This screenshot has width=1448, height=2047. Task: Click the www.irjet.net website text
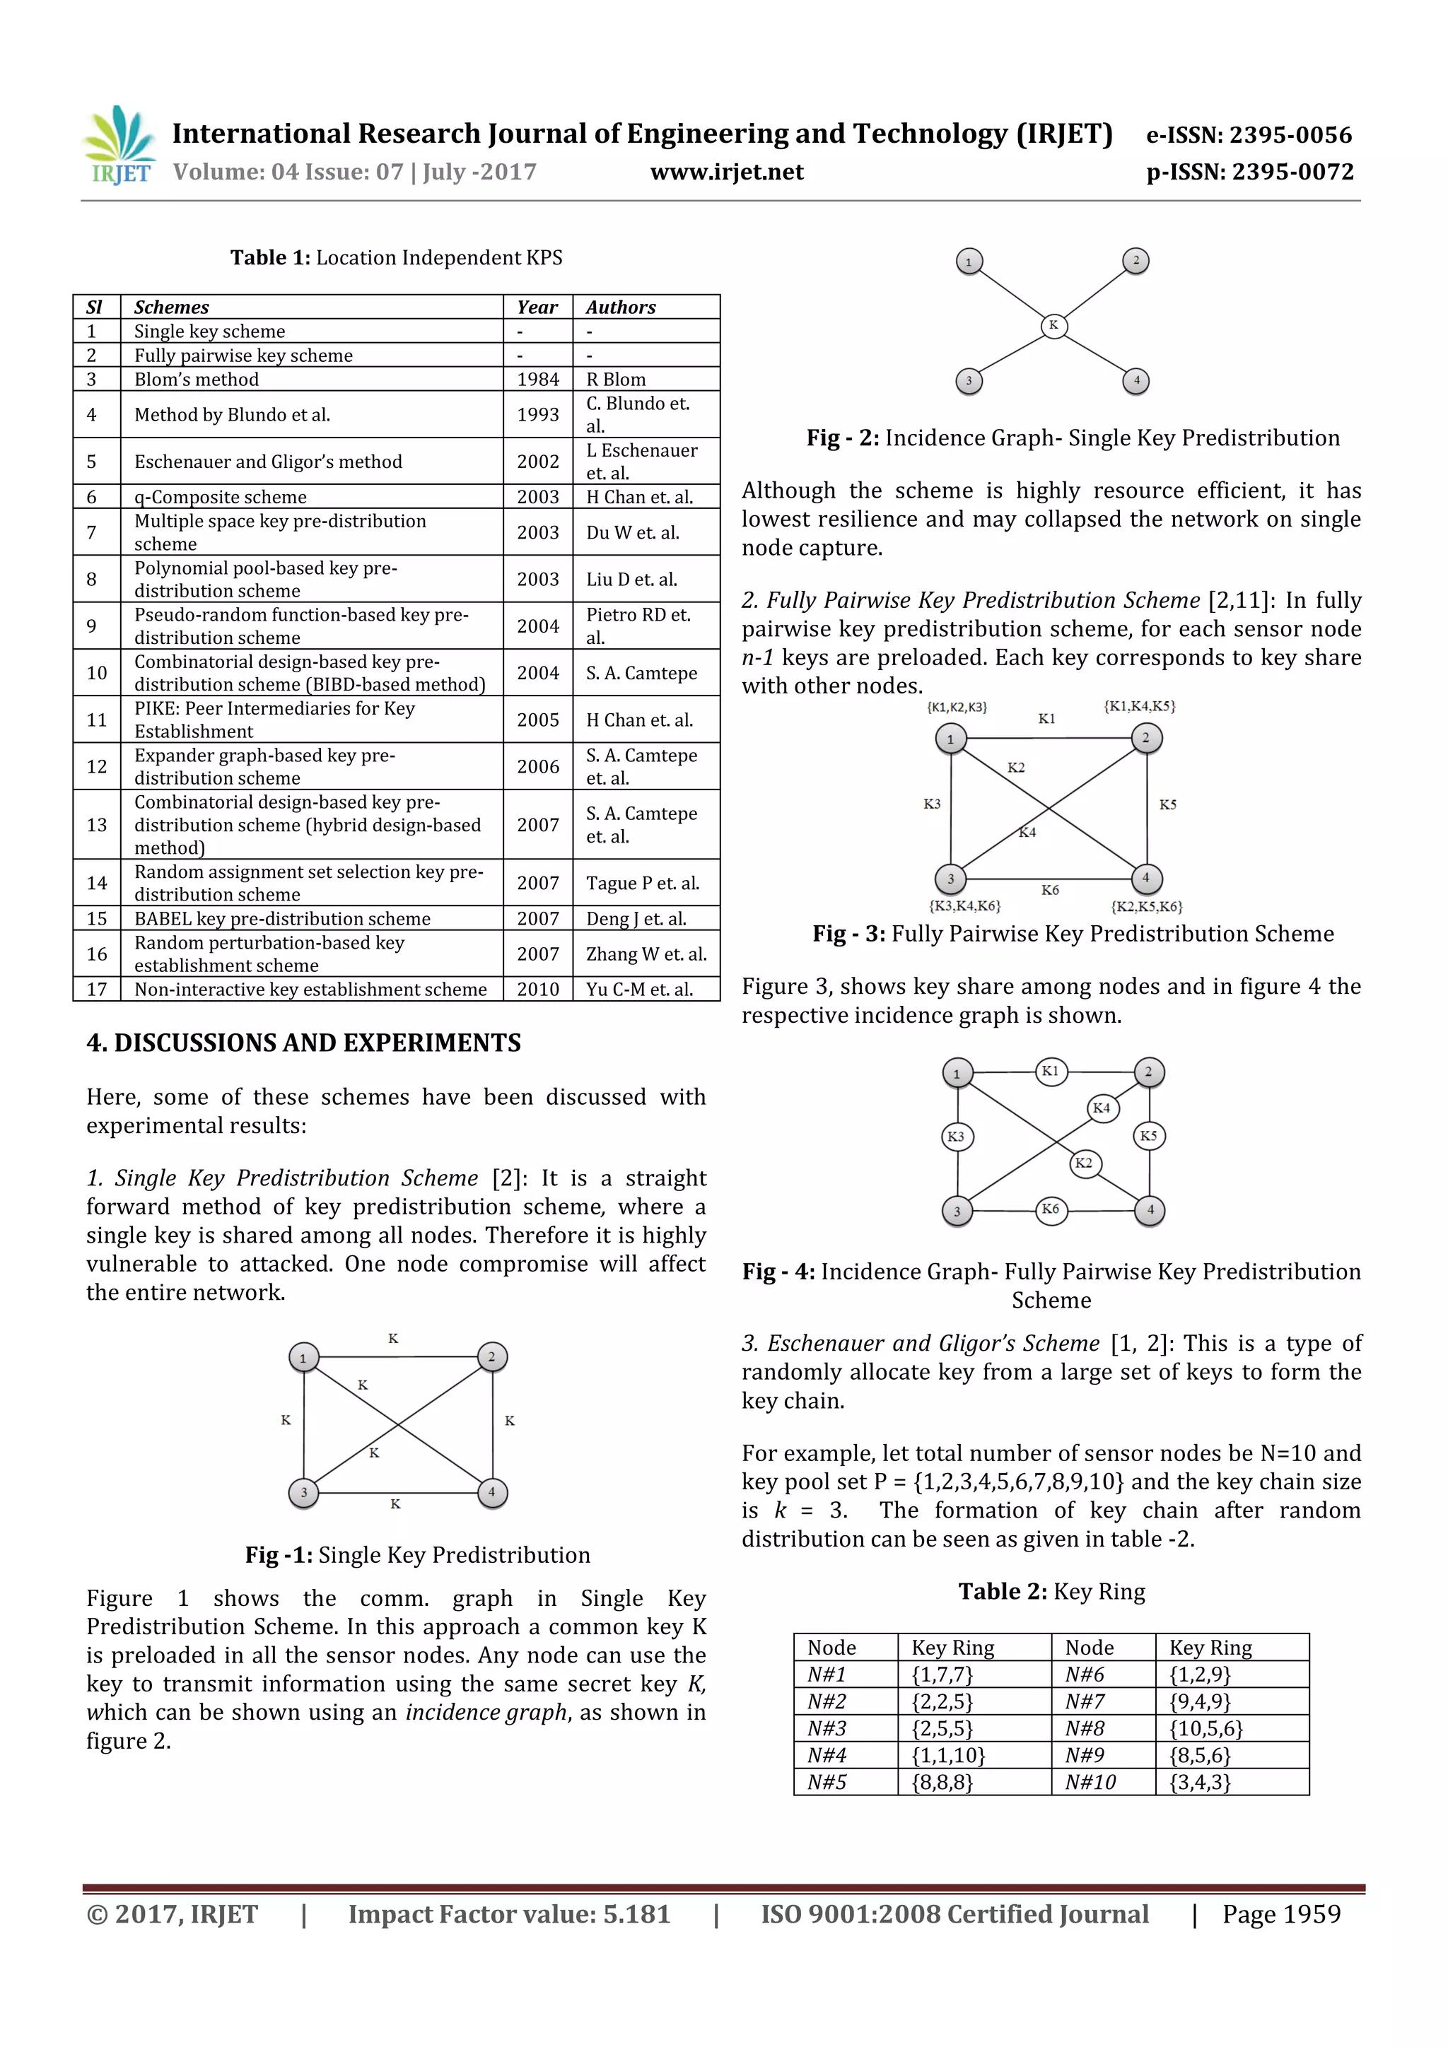(x=727, y=172)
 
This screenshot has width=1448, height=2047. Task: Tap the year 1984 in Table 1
(x=537, y=379)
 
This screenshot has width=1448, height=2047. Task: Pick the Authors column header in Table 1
(x=621, y=307)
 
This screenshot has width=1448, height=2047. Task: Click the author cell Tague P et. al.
(x=642, y=883)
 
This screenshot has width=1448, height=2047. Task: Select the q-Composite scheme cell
(x=220, y=497)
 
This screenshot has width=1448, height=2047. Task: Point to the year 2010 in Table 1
(x=537, y=989)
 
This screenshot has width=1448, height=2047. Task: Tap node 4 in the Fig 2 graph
(x=1136, y=381)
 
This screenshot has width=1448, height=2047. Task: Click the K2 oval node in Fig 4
(x=1084, y=1163)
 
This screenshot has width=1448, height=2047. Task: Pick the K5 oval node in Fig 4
(x=1148, y=1136)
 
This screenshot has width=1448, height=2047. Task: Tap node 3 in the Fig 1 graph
(x=303, y=1492)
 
